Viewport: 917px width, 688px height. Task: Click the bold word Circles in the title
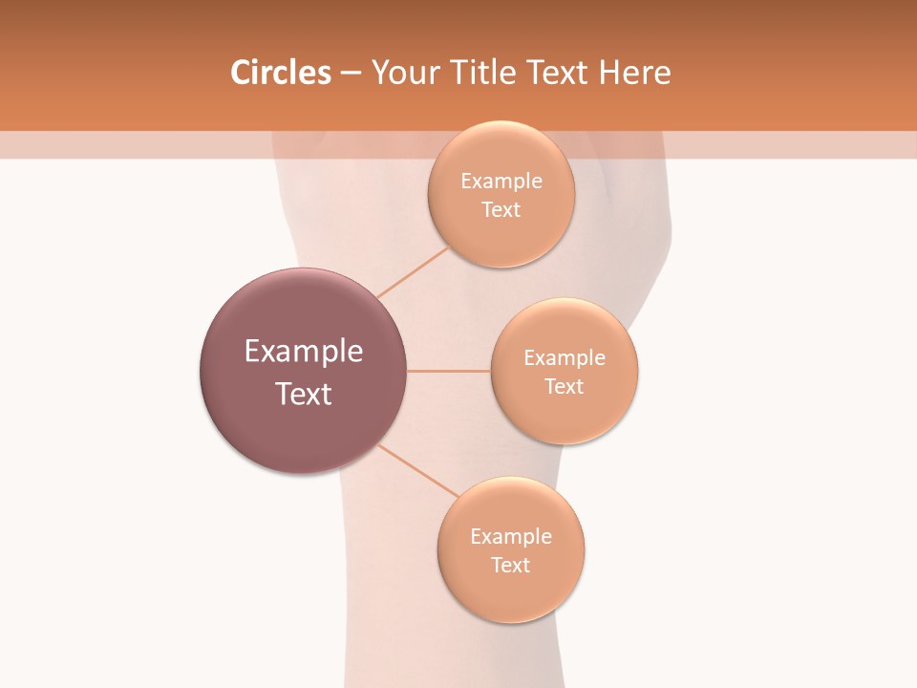coord(280,73)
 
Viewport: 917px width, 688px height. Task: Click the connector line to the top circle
coord(413,272)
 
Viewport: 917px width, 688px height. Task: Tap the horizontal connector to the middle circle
coord(449,371)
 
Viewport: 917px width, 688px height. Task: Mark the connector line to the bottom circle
coord(418,470)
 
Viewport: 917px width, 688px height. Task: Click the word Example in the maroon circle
coord(304,352)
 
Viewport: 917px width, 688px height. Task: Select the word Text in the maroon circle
coord(304,394)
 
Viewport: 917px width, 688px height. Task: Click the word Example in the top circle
coord(501,182)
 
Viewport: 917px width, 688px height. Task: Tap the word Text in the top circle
coord(501,209)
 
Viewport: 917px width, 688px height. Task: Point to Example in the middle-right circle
coord(565,358)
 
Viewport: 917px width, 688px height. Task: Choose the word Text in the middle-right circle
coord(565,386)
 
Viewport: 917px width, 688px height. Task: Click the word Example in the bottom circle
coord(511,537)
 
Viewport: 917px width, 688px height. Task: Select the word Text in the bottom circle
coord(511,565)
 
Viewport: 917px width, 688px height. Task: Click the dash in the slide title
coord(351,74)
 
